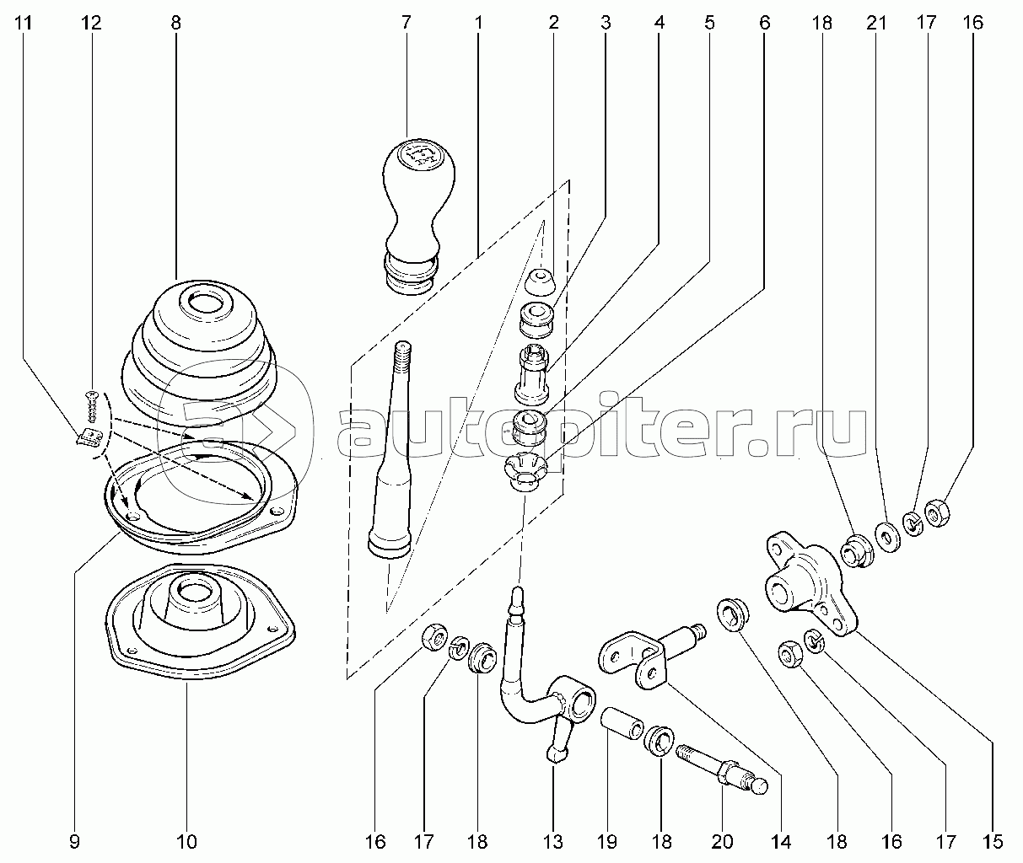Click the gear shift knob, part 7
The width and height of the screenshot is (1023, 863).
(418, 217)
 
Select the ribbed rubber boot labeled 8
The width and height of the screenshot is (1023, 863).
(198, 352)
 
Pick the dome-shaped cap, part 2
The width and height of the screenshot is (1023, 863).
(541, 282)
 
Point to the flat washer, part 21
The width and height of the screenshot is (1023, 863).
(887, 538)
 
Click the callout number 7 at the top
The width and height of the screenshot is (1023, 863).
(406, 23)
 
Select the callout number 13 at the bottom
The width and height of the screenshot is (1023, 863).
(553, 841)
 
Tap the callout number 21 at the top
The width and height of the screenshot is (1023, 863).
(876, 23)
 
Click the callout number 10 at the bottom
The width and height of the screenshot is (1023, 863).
(186, 841)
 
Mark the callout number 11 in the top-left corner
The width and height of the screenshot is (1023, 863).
(23, 23)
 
